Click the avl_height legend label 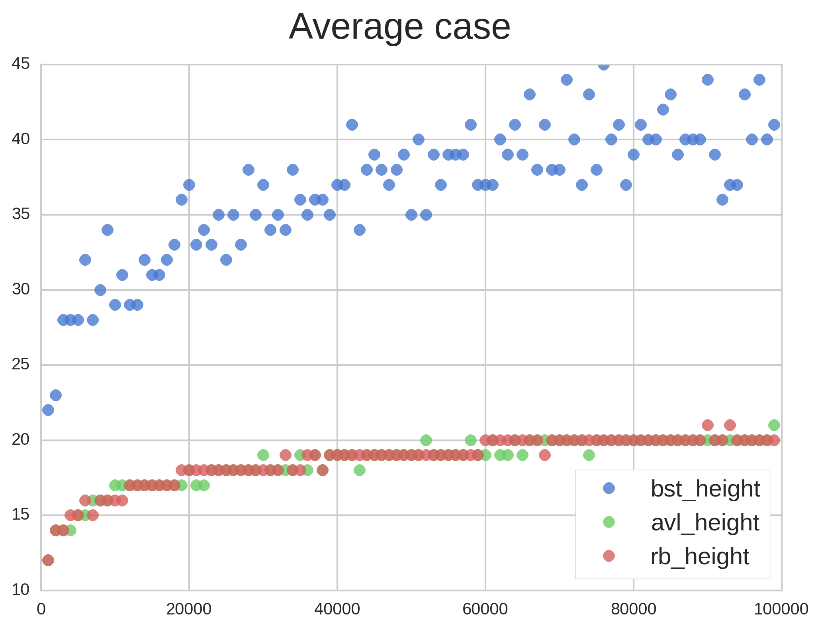[705, 522]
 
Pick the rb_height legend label [700, 556]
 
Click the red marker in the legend [609, 556]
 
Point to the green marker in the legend [609, 522]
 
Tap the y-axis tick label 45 [21, 64]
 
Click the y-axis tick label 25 [21, 365]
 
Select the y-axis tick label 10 [21, 590]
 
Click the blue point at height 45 [604, 65]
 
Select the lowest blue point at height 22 [48, 410]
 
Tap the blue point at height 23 [56, 395]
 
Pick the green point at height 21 [774, 425]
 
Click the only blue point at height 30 [100, 290]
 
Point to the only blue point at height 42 [663, 110]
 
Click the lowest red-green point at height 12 [48, 560]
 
